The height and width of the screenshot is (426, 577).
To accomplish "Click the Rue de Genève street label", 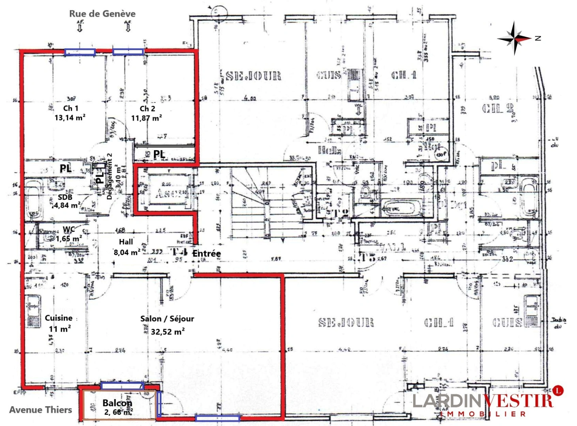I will pyautogui.click(x=102, y=14).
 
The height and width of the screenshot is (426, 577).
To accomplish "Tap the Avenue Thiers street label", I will pyautogui.click(x=41, y=410).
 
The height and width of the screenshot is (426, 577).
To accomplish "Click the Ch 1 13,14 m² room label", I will pyautogui.click(x=70, y=113).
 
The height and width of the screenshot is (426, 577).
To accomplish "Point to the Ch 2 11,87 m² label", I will pyautogui.click(x=147, y=113).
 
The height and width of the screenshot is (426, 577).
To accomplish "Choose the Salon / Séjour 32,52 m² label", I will pyautogui.click(x=167, y=325).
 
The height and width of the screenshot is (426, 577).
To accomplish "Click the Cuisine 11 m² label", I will pyautogui.click(x=59, y=323).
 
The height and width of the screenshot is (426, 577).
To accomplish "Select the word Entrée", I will pyautogui.click(x=206, y=254).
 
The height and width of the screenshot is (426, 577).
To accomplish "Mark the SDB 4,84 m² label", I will pyautogui.click(x=66, y=201).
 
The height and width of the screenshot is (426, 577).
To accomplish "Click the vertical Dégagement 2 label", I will pyautogui.click(x=110, y=176).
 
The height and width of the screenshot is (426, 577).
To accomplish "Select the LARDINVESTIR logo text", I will pyautogui.click(x=482, y=402).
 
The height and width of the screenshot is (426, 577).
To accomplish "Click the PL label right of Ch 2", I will pyautogui.click(x=159, y=154).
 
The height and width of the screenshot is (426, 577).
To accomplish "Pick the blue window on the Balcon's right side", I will pyautogui.click(x=159, y=404).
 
